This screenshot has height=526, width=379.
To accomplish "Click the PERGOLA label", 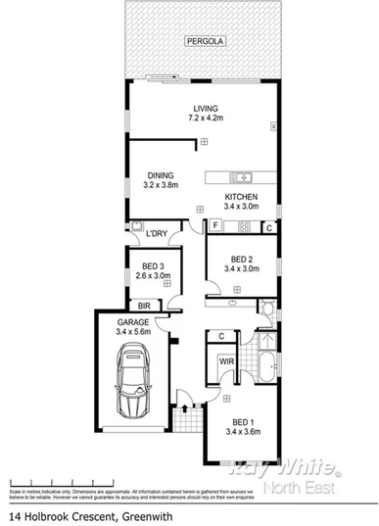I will click(205, 41).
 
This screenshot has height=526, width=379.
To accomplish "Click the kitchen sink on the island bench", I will click(241, 177).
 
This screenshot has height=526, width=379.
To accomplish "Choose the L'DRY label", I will click(156, 234).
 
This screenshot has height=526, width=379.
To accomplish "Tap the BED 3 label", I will click(156, 271).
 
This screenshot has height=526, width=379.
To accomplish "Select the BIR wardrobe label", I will click(143, 306).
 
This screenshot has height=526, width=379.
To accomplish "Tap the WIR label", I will click(226, 362).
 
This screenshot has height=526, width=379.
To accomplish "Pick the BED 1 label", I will click(240, 426).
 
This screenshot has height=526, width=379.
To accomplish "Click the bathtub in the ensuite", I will click(266, 373).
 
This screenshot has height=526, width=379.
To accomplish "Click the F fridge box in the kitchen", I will click(213, 226).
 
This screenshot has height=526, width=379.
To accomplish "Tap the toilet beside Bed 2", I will click(267, 310).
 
